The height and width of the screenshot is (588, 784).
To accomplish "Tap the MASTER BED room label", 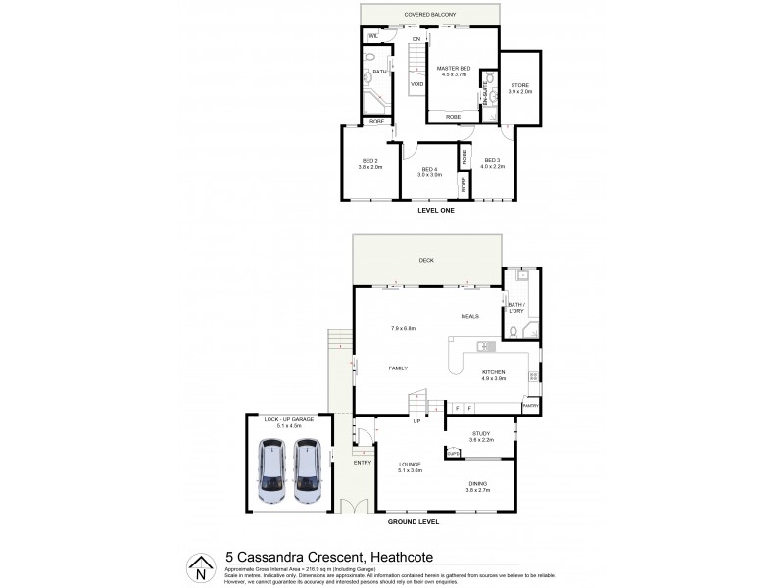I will tap(454, 68).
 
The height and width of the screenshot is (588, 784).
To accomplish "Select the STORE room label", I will tap(520, 85).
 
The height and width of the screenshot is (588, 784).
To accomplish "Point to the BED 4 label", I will tap(430, 170).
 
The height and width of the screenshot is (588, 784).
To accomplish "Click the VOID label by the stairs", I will tap(416, 84).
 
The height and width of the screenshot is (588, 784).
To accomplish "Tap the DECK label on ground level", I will tap(425, 261).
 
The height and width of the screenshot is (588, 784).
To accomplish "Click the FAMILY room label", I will tap(397, 367).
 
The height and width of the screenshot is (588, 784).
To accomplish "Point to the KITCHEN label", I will tap(493, 373).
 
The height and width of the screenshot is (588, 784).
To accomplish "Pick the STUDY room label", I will tap(480, 434).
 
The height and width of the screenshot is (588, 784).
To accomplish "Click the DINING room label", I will tap(477, 483).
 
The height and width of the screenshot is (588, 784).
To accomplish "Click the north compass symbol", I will tap(200, 566).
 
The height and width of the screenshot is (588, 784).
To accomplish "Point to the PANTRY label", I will tap(530, 405).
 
